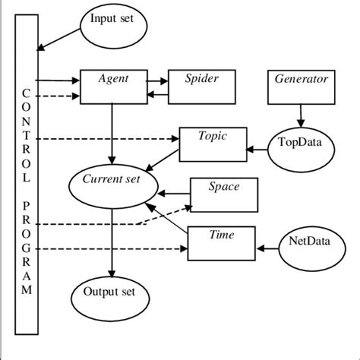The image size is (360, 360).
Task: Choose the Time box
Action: pos(221,242)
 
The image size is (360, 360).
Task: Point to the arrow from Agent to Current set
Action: pos(112,134)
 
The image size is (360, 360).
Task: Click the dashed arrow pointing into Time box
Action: pos(114,248)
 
